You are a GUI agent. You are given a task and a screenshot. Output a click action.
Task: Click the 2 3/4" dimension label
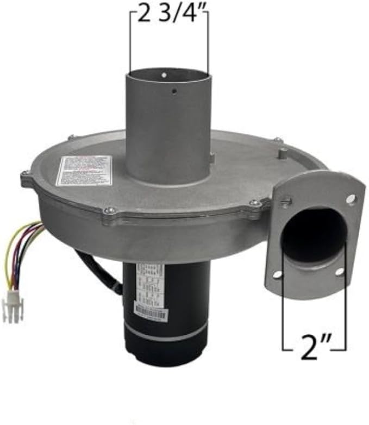click(169, 15)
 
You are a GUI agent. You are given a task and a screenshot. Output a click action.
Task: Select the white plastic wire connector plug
click(12, 298)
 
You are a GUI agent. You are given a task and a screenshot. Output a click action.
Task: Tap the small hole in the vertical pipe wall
click(174, 91)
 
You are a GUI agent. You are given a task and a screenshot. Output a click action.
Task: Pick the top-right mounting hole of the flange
click(351, 199)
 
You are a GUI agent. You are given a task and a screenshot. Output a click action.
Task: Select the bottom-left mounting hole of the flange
click(278, 274)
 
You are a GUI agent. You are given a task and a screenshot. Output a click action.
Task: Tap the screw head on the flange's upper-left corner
click(286, 202)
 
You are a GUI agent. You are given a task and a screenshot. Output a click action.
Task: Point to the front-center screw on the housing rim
click(110, 211)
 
